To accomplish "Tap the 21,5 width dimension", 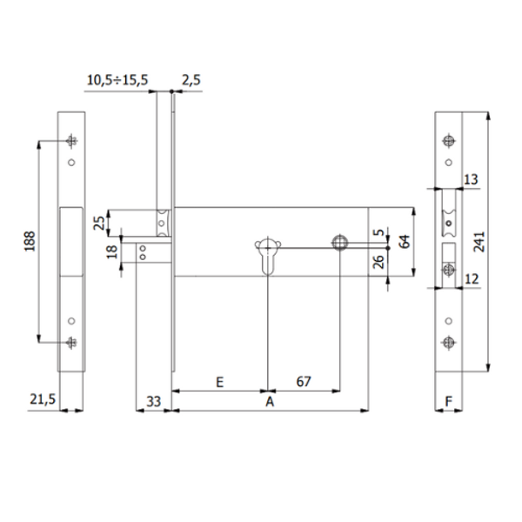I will click(42, 399).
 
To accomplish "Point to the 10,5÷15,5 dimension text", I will click(117, 80).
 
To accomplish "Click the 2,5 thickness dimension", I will click(191, 80).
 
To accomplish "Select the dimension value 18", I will click(110, 253).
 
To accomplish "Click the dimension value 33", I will click(152, 402).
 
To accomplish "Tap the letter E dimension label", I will click(219, 382).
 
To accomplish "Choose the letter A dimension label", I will click(270, 402).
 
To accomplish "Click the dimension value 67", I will click(303, 382).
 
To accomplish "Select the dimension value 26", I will click(378, 262).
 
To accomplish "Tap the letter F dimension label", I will click(449, 402).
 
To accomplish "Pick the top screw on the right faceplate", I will click(448, 141).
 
